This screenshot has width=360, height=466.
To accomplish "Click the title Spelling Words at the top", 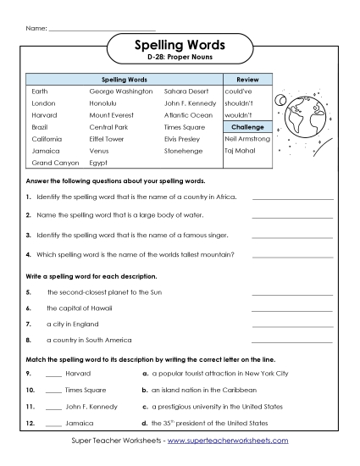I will [x=179, y=47].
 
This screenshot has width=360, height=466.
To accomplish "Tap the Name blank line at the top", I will [x=102, y=31].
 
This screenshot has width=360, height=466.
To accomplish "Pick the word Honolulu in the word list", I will [x=105, y=102].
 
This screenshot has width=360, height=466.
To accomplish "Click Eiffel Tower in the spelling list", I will [x=107, y=137].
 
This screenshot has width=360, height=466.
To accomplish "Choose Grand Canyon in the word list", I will [x=55, y=161].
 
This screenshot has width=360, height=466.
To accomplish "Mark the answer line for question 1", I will [x=292, y=199].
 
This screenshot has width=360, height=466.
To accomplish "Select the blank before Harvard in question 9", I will [x=53, y=375].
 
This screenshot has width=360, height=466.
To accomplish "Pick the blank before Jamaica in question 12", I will [x=53, y=424].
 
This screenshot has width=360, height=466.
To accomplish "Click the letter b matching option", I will [x=145, y=391].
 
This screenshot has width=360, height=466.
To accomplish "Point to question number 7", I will [x=28, y=324].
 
